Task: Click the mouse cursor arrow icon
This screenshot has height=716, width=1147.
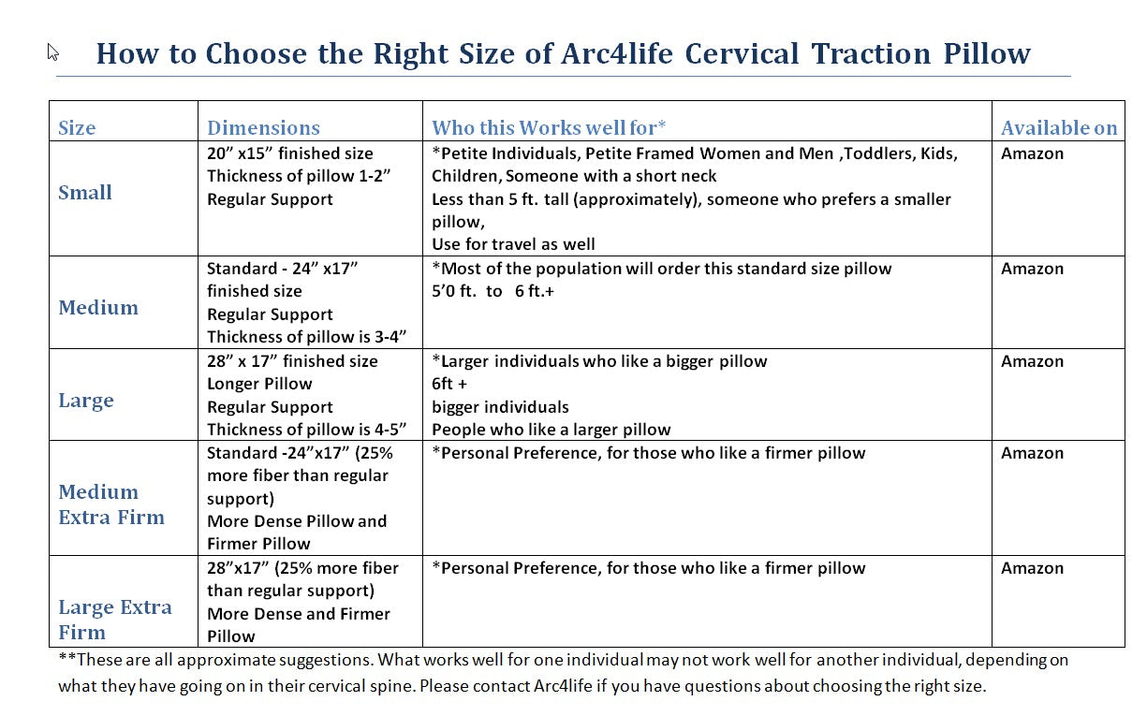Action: (x=53, y=52)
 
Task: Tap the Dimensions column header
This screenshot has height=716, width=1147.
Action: (x=263, y=128)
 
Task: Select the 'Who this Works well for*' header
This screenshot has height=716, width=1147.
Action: (x=549, y=128)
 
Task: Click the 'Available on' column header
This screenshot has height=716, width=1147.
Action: (x=1059, y=128)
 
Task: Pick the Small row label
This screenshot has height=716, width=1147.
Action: (x=85, y=193)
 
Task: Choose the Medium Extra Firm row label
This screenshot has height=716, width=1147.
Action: (x=110, y=504)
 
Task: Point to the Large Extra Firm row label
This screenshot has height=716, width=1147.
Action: (x=114, y=619)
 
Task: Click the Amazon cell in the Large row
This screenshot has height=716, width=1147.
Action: (x=1032, y=361)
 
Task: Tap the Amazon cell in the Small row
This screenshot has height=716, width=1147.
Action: (x=1032, y=153)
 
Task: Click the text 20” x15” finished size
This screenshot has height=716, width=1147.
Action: (x=289, y=153)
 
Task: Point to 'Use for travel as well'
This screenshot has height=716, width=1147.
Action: (x=513, y=244)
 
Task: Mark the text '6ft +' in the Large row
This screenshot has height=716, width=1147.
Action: (x=449, y=384)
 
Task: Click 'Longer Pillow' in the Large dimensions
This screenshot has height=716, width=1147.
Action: (x=259, y=384)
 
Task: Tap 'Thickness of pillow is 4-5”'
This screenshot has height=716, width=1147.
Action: (x=307, y=430)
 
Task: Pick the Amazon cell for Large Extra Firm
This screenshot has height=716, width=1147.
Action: (x=1032, y=568)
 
